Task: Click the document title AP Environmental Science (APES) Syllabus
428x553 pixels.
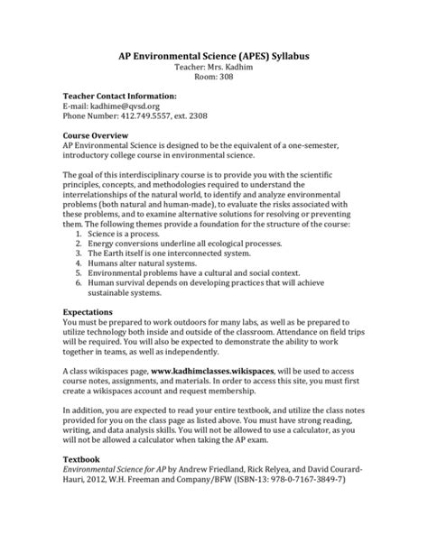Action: pos(214,55)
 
